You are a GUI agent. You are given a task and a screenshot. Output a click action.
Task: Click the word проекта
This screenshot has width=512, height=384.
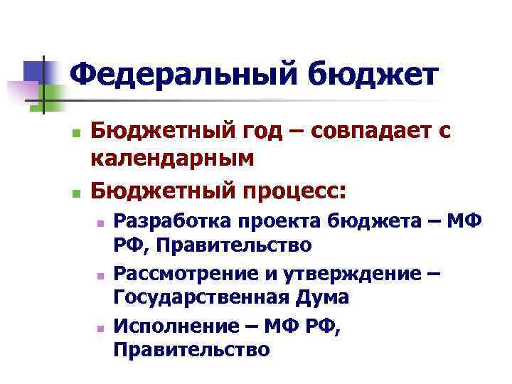[279, 222]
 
